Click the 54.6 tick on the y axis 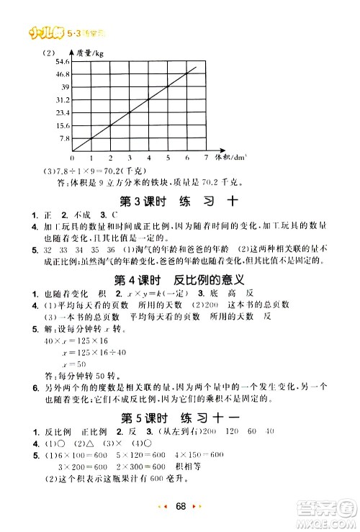[60, 63]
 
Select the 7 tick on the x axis [206, 156]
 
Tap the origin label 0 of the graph [73, 157]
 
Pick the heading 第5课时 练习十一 [179, 416]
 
